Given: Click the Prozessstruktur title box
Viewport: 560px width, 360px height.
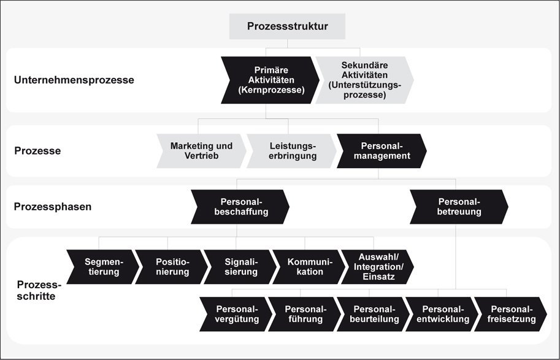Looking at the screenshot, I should click(287, 26).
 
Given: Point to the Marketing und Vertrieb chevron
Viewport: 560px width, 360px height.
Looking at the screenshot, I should click(201, 151).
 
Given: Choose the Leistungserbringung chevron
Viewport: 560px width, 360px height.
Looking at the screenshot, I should click(292, 151).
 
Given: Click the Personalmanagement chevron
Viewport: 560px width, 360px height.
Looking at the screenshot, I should click(382, 151).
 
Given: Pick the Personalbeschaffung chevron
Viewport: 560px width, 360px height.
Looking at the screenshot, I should click(240, 207).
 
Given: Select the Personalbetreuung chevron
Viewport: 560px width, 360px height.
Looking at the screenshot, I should click(459, 207).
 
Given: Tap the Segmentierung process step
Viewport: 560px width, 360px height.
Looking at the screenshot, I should click(103, 267).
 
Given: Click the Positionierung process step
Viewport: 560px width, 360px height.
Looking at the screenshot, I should click(172, 267).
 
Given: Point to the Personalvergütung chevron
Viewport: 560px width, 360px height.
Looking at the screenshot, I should click(237, 314).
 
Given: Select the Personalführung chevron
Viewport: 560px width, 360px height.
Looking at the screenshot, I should click(304, 314).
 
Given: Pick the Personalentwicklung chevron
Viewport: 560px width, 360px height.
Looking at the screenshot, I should click(442, 314).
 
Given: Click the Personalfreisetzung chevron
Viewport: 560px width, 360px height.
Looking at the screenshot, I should click(510, 314).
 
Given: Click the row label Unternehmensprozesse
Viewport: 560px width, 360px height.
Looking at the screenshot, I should click(74, 80).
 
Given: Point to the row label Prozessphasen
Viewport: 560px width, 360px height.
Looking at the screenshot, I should click(53, 207).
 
